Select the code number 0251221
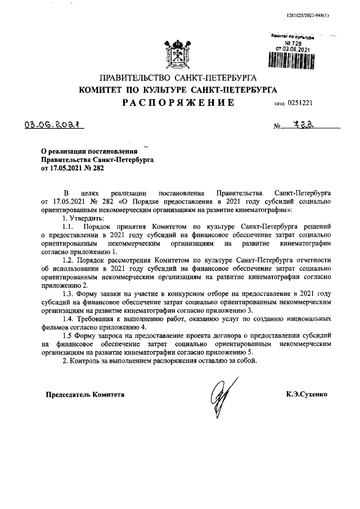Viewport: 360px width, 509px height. (x=304, y=103)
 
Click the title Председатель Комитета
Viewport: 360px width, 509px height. (x=85, y=395)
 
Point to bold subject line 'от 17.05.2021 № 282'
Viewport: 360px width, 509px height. (x=73, y=167)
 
